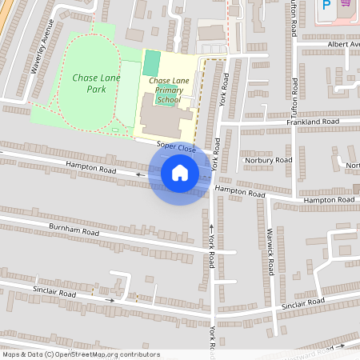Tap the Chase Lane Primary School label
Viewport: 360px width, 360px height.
[168, 90]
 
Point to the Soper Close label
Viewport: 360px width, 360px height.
[177, 147]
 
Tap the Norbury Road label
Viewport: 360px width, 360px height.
[270, 160]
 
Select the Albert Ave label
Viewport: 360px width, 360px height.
[342, 45]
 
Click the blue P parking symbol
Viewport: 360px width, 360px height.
[326, 5]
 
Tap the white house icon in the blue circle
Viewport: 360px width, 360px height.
[180, 173]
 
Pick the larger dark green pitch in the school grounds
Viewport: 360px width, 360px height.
[150, 62]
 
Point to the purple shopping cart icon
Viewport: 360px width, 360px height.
[346, 3]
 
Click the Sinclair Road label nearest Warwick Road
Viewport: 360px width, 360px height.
[302, 303]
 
